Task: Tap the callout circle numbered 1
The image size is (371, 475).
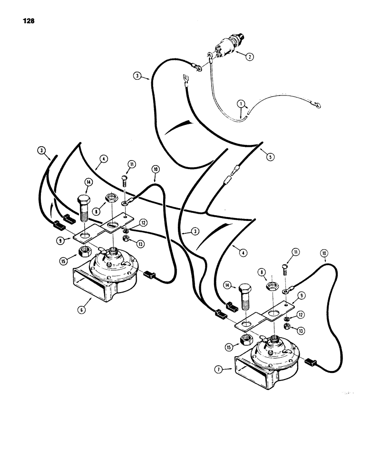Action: (x=241, y=103)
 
